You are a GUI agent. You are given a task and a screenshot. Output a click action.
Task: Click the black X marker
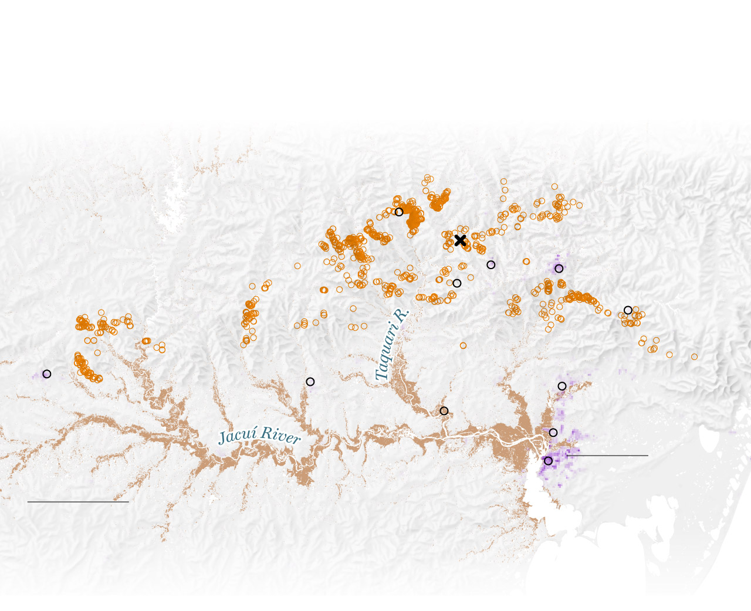[460, 240]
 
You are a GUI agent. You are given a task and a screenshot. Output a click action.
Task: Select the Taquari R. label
[391, 345]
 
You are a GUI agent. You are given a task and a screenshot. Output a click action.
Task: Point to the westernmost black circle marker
[47, 374]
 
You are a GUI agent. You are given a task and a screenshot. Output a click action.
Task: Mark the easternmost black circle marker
[628, 310]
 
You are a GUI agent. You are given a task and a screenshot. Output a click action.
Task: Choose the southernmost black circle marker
[548, 461]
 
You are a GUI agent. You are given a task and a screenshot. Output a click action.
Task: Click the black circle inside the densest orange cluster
[399, 212]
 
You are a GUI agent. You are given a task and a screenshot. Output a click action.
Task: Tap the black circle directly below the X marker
[457, 283]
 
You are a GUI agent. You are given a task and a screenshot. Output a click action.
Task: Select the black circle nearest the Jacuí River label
[310, 382]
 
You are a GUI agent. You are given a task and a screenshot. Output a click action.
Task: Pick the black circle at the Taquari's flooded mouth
[444, 411]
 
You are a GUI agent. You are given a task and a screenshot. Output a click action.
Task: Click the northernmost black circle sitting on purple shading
[559, 269]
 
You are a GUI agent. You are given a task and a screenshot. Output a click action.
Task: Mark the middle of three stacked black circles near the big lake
[553, 433]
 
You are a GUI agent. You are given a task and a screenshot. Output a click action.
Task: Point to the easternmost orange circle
[694, 357]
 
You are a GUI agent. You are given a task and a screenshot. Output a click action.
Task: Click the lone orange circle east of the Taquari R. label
[463, 346]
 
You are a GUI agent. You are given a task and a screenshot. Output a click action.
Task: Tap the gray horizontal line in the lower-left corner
[78, 502]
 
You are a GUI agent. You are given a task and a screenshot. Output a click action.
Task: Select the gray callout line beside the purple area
[607, 456]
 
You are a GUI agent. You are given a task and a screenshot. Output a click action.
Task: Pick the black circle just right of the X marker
[491, 265]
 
